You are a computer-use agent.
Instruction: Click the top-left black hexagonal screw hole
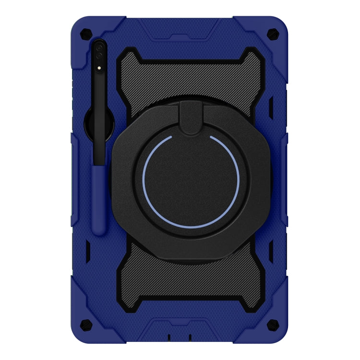[86, 33]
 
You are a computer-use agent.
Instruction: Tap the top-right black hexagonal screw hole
[273, 33]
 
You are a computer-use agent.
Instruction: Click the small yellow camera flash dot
[99, 68]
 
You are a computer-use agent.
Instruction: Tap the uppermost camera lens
[99, 48]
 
